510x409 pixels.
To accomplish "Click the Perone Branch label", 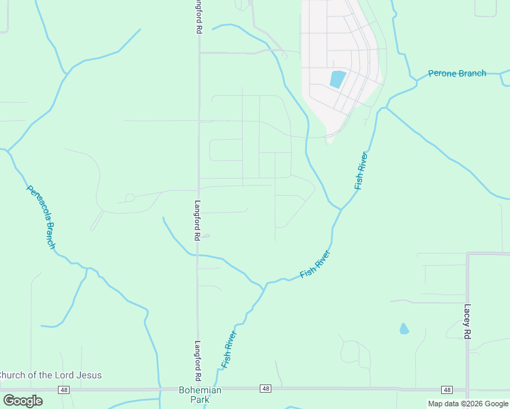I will coord(457,74).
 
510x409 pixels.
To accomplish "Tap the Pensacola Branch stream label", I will coord(40,217).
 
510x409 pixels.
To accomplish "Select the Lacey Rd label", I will coord(468,322).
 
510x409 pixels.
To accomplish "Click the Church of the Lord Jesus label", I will coord(50,375).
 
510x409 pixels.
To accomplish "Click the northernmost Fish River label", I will coord(361,171).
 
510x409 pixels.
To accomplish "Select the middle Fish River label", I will coord(315,264).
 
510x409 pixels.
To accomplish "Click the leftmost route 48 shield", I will coord(63,389).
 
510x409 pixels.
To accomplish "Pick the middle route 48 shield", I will coord(265,389).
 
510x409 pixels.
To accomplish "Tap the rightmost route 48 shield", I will coord(447,389).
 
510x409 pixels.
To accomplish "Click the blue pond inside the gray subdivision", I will coord(337,79).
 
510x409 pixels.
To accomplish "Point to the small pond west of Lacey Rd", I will coord(404,329).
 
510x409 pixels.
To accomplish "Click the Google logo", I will coord(22,401).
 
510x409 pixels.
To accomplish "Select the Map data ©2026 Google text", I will coord(467,404).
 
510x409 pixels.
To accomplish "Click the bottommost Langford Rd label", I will coord(198,361).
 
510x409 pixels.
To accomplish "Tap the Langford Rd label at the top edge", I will coord(198,17).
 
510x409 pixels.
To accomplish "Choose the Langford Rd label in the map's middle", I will coord(197,220).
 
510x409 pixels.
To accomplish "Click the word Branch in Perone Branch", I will coord(471,74).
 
